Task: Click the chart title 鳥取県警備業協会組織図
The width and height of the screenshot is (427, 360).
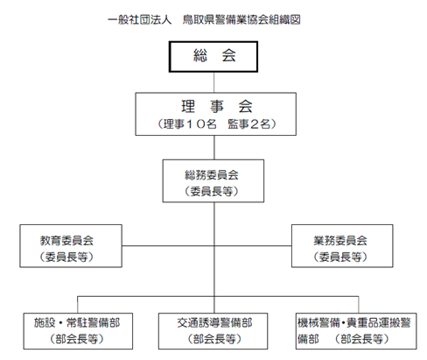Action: click(x=241, y=20)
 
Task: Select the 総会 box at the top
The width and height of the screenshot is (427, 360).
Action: click(x=213, y=57)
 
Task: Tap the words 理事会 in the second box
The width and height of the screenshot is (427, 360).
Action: click(x=217, y=106)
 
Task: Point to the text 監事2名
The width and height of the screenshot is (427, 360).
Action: click(x=249, y=124)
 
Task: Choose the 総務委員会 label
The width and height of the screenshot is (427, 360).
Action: click(x=212, y=175)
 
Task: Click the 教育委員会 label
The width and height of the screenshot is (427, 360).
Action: click(x=66, y=241)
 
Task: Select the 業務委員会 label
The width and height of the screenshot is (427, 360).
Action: click(x=340, y=241)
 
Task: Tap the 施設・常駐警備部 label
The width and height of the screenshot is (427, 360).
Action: click(x=77, y=323)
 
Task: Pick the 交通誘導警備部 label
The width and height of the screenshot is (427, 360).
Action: click(x=214, y=323)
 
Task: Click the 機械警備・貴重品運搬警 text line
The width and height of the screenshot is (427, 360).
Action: click(x=354, y=323)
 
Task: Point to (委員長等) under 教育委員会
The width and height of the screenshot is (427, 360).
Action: click(x=66, y=257)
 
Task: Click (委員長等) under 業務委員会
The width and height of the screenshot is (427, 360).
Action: click(x=340, y=257)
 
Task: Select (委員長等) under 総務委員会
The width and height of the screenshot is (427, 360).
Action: click(x=212, y=192)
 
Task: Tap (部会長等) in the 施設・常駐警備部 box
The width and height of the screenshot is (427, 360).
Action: click(x=77, y=339)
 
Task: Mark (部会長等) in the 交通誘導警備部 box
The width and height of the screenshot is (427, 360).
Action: click(x=214, y=339)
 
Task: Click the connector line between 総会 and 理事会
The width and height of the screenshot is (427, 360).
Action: click(x=214, y=82)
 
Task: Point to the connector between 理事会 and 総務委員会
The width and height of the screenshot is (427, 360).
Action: click(x=214, y=147)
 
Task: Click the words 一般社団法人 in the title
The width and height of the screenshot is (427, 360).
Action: click(x=140, y=20)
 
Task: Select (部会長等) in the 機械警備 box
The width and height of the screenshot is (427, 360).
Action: click(x=362, y=339)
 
